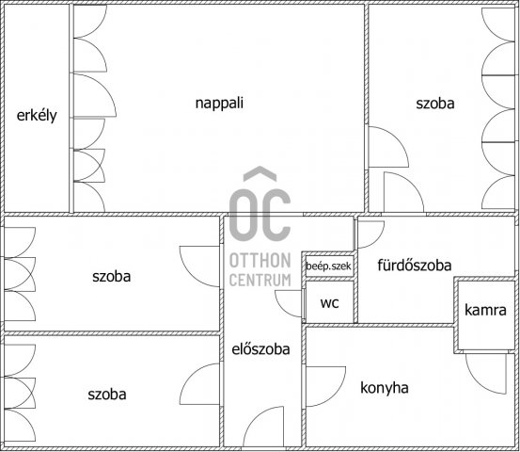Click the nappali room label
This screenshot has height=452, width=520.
(x=219, y=103)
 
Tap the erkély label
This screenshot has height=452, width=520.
(x=37, y=115)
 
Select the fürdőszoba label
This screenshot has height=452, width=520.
(x=415, y=265)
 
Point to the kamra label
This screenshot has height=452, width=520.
(x=485, y=310)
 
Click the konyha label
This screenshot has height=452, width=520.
(x=385, y=388)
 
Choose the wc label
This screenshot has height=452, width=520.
(x=330, y=303)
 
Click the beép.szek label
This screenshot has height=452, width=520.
(x=328, y=266)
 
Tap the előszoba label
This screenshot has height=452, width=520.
(x=260, y=349)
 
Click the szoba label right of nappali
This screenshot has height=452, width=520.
(x=435, y=104)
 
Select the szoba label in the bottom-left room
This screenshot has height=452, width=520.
(x=107, y=395)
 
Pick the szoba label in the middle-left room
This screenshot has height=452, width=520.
(x=111, y=276)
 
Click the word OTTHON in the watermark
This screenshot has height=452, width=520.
(x=260, y=260)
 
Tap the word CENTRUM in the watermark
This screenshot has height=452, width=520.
(x=260, y=280)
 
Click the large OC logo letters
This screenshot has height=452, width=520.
(x=260, y=215)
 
